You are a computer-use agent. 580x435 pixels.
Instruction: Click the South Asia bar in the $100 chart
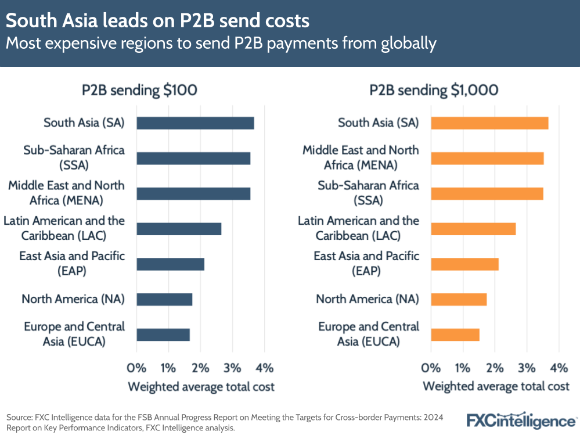click(195, 123)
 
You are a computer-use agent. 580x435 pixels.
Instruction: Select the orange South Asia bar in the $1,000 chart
click(489, 123)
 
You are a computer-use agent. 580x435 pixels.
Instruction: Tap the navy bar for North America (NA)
click(164, 300)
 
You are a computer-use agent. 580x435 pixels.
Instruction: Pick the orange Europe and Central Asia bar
click(455, 335)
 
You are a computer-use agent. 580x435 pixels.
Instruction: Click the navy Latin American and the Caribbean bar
click(179, 229)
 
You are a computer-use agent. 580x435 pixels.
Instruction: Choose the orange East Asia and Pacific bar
click(464, 264)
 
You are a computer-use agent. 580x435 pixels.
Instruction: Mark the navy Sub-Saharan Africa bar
click(193, 159)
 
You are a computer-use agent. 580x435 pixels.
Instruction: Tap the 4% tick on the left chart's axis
click(264, 368)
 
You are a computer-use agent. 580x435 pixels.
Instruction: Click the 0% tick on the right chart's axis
click(431, 368)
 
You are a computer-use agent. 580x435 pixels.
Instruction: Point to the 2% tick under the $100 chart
click(200, 368)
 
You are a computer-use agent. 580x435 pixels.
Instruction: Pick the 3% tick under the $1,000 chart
click(527, 368)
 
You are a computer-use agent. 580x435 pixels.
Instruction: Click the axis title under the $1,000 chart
click(496, 386)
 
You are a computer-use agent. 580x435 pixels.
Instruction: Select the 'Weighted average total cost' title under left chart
click(201, 386)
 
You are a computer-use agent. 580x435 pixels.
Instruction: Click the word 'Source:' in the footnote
click(20, 417)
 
